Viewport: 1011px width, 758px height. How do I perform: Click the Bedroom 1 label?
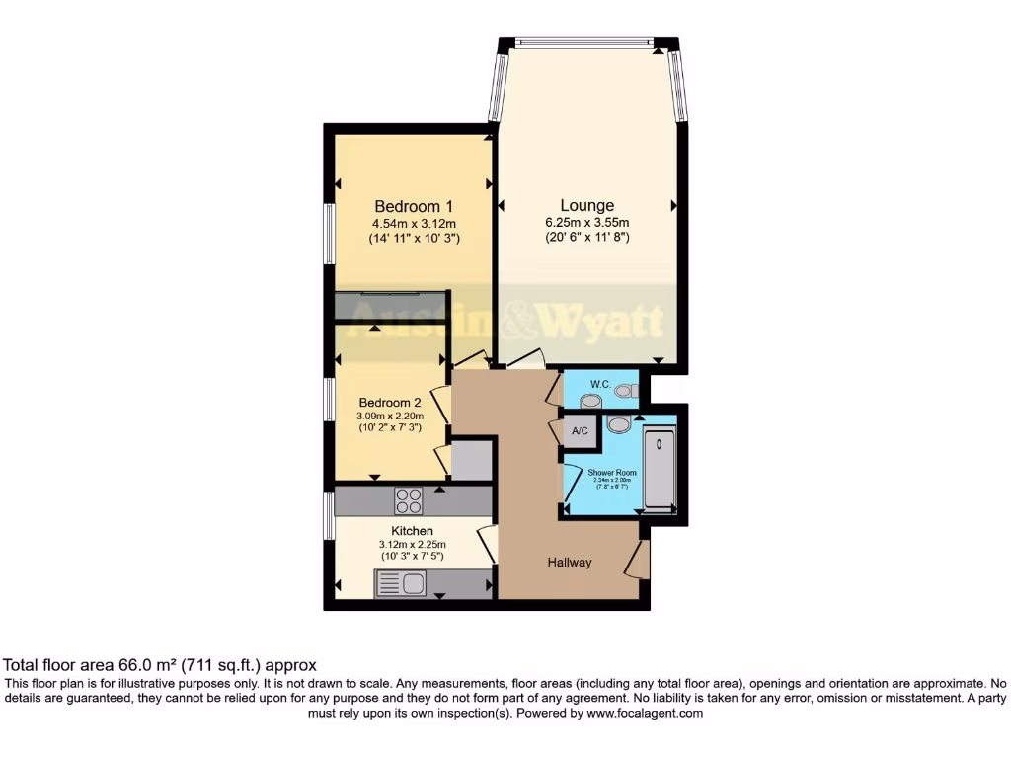413,206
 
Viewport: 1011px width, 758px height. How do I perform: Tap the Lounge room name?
587,205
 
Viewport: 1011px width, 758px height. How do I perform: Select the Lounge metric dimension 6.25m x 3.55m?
587,222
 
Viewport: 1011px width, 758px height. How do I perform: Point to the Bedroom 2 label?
390,403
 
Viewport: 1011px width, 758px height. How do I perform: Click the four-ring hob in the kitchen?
409,500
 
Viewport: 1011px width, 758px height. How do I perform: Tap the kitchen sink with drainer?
400,584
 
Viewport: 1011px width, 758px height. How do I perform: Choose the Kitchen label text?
412,531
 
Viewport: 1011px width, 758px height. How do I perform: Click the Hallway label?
570,563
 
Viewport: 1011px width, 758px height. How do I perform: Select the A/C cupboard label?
580,431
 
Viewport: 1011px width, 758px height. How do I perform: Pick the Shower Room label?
612,473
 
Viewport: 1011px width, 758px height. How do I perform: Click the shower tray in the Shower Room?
660,469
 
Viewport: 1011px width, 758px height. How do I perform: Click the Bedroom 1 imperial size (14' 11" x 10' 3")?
413,239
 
